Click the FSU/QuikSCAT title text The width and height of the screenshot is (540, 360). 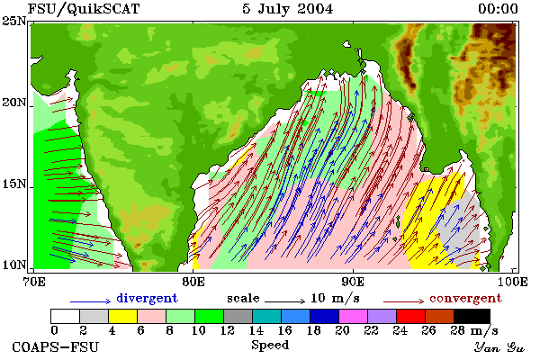click(x=84, y=9)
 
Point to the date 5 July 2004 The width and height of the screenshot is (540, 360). click(x=288, y=9)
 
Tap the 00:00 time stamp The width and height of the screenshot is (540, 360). click(x=498, y=9)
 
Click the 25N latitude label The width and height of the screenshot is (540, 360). click(x=13, y=22)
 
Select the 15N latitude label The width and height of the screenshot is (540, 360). click(x=13, y=184)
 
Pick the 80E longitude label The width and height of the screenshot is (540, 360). click(x=193, y=282)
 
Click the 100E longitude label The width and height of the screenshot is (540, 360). click(x=513, y=282)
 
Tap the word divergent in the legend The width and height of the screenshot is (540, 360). click(x=147, y=298)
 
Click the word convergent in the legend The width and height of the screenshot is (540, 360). click(x=465, y=298)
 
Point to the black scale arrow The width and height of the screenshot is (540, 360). click(x=284, y=301)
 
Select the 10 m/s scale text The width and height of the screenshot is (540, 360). click(x=335, y=298)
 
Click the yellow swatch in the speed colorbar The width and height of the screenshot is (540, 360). click(x=122, y=316)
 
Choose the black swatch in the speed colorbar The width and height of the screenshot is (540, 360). click(x=472, y=316)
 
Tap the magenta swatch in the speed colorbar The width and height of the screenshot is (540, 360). click(x=354, y=316)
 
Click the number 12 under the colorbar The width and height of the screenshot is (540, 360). click(x=228, y=330)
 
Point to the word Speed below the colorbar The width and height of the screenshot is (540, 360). click(x=270, y=345)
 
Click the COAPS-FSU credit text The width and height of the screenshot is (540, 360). click(x=56, y=346)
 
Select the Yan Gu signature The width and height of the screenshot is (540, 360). click(x=499, y=347)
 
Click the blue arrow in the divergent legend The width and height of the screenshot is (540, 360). click(x=90, y=301)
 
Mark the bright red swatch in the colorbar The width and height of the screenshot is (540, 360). click(x=410, y=316)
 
